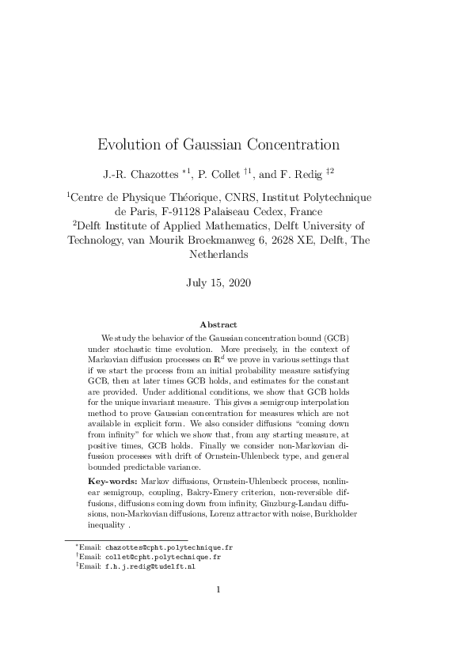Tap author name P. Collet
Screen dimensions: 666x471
coord(234,173)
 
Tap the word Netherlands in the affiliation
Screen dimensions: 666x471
coord(219,255)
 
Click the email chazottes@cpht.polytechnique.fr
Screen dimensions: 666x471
coord(169,547)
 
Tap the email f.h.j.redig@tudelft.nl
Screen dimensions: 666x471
coord(150,566)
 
